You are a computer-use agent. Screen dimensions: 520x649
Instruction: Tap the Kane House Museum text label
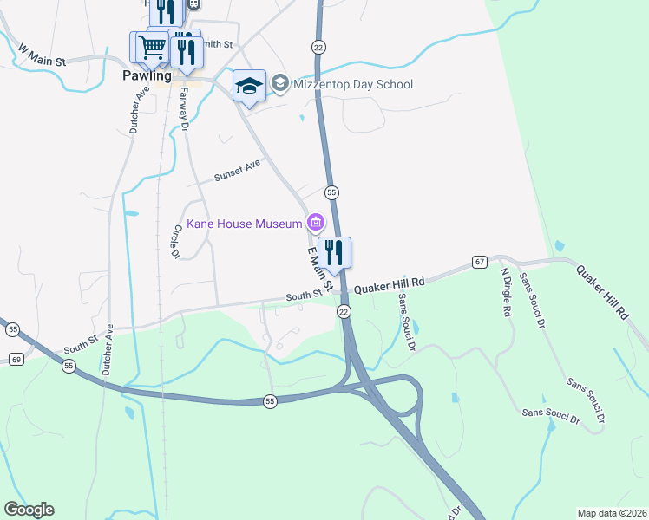coord(241,224)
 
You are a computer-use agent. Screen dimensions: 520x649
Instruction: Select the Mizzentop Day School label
coord(352,84)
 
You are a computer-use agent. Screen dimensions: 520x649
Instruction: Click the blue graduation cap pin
coord(249,86)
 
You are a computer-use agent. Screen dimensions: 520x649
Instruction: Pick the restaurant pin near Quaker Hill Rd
coord(334,252)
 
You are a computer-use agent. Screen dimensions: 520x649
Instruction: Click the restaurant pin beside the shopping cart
coord(186,51)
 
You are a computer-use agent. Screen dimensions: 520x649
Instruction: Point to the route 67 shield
coord(480,261)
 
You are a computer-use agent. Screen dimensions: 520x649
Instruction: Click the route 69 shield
coord(16,358)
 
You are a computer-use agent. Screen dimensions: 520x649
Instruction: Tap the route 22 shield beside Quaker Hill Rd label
coord(344,311)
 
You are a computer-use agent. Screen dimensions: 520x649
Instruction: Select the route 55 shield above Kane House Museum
coord(331,192)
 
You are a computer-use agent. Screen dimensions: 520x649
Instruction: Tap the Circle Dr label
coord(175,242)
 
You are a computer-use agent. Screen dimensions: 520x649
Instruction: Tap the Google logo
coord(29,510)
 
